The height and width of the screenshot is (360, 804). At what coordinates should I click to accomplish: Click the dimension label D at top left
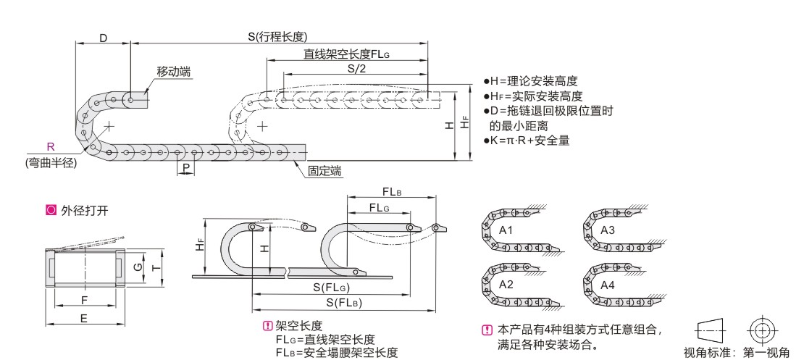[x=103, y=36]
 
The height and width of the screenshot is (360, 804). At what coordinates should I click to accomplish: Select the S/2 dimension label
[x=356, y=68]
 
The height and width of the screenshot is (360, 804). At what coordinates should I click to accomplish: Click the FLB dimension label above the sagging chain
[x=393, y=192]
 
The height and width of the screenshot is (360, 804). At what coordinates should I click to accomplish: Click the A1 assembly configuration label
[x=506, y=230]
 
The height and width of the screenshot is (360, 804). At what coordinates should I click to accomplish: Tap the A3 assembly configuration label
[x=608, y=230]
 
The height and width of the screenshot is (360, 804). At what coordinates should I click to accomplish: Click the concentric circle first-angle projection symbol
[x=760, y=329]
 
